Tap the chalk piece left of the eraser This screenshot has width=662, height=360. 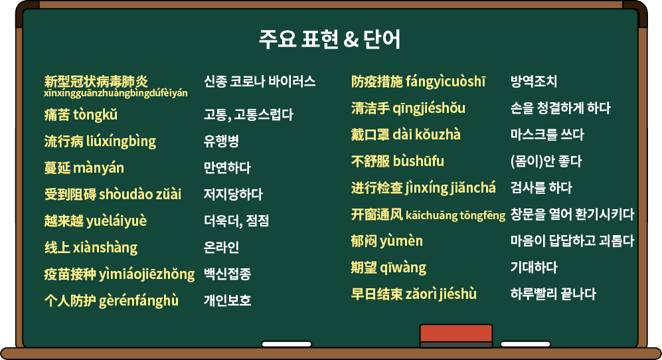(287, 344)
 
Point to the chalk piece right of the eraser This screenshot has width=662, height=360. (525, 344)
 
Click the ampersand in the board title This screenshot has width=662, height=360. (351, 40)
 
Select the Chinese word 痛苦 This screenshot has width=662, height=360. (57, 114)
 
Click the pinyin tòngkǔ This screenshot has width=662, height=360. (96, 115)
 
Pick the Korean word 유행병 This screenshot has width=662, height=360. (222, 141)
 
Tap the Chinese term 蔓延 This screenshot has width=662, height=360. (57, 168)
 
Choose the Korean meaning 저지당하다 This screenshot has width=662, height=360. (234, 195)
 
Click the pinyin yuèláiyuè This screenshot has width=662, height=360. (116, 221)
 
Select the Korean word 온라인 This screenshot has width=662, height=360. (222, 247)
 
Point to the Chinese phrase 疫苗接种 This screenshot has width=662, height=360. (70, 274)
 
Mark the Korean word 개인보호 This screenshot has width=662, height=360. (228, 300)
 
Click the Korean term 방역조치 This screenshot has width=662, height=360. (534, 81)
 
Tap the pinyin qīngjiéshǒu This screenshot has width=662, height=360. (429, 108)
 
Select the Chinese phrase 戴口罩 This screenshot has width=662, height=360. (371, 134)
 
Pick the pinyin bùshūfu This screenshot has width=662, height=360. (418, 161)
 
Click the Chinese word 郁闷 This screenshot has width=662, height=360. (364, 241)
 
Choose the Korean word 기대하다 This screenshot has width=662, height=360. (534, 267)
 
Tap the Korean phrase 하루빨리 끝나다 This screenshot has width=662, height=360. (553, 294)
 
